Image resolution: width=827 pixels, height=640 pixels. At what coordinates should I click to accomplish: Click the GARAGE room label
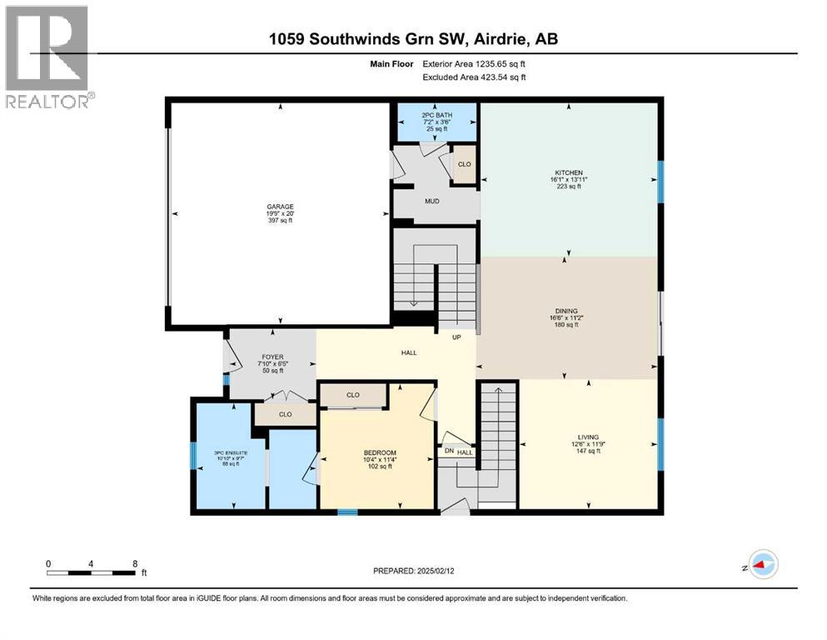[x=280, y=207]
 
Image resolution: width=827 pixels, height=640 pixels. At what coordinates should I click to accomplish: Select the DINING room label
[x=566, y=311]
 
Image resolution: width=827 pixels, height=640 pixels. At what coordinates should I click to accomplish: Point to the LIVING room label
[x=588, y=436]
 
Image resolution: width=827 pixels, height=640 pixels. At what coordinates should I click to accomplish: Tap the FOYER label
[x=272, y=357]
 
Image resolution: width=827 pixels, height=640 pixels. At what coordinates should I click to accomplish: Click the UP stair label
[x=456, y=337]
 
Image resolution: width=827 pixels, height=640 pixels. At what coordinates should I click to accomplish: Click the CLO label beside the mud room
[x=464, y=164]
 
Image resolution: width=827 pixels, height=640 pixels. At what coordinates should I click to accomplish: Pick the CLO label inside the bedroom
[x=352, y=394]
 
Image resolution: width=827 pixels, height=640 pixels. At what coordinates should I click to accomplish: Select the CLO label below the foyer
[x=286, y=413]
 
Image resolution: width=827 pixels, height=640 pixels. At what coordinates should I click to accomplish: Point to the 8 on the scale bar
[x=135, y=562]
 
